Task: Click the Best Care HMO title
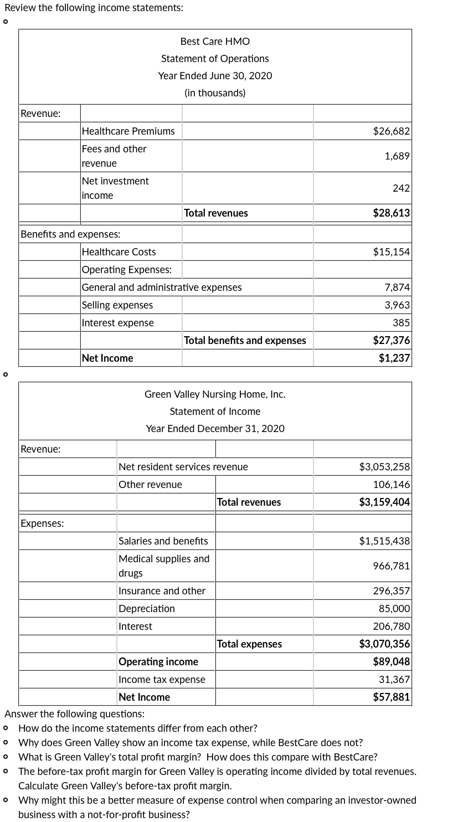(215, 42)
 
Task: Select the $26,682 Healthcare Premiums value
(391, 131)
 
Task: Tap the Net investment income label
(115, 188)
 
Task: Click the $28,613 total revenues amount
(391, 213)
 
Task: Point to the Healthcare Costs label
(119, 252)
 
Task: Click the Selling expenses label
(117, 305)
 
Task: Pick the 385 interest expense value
(401, 323)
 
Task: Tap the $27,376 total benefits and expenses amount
(391, 341)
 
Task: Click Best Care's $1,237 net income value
(394, 358)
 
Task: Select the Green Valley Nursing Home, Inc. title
(215, 394)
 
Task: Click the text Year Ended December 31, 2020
(215, 429)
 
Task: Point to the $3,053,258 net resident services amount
(384, 467)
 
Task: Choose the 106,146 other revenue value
(391, 485)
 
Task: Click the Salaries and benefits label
(163, 541)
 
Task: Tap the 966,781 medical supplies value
(391, 566)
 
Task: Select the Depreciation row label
(146, 609)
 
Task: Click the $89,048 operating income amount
(391, 662)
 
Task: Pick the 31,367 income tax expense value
(394, 680)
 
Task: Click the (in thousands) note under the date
(215, 93)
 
